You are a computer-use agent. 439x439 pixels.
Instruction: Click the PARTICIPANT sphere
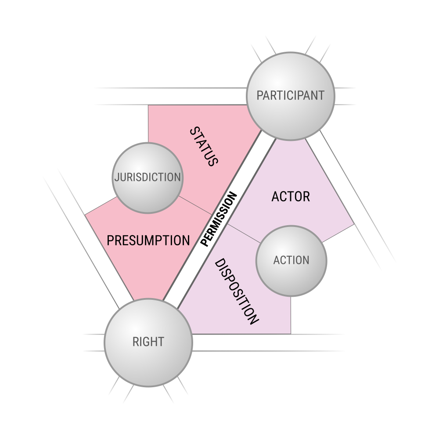pos(291,96)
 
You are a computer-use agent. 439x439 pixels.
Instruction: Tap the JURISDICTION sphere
pos(148,178)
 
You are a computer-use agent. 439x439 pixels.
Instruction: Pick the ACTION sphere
pos(291,261)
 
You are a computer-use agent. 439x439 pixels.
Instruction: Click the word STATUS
pos(204,147)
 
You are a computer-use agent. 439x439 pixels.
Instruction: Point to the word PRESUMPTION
pos(148,241)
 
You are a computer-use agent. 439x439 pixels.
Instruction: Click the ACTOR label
pos(291,197)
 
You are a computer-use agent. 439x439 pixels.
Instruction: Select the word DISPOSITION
pos(236,291)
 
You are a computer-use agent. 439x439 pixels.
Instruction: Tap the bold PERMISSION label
pos(219,219)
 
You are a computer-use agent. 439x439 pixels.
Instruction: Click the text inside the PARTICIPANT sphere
pos(291,95)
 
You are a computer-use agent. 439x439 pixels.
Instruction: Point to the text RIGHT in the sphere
pos(148,342)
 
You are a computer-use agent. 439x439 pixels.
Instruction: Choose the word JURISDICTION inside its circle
pos(148,177)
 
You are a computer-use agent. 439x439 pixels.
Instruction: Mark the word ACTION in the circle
pos(291,260)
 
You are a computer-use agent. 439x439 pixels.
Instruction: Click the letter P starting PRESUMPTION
pos(110,241)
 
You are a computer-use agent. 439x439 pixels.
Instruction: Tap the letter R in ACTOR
pos(306,197)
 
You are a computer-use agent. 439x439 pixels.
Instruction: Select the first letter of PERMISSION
pos(205,243)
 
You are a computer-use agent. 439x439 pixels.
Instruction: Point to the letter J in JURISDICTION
pos(117,177)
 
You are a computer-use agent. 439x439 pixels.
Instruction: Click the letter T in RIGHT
pos(161,342)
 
